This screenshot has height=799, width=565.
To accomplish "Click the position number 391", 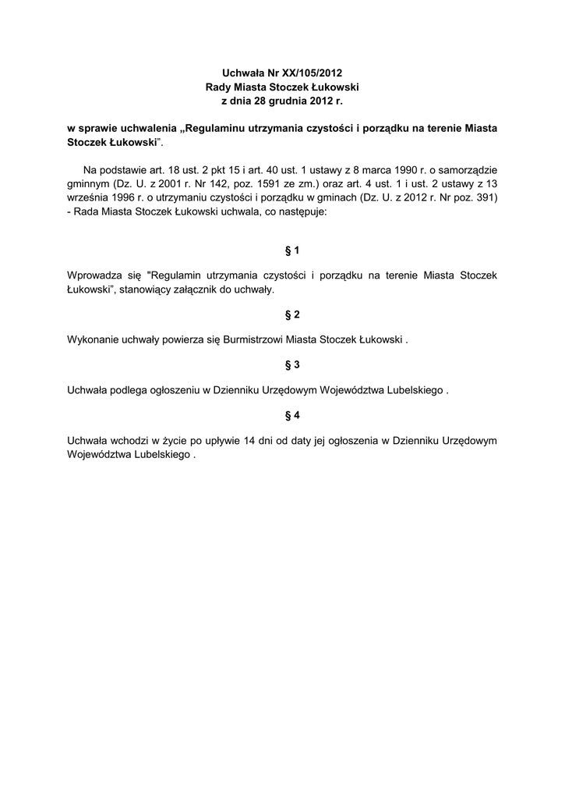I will [482, 199].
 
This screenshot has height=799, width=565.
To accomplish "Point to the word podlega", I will [132, 389].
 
